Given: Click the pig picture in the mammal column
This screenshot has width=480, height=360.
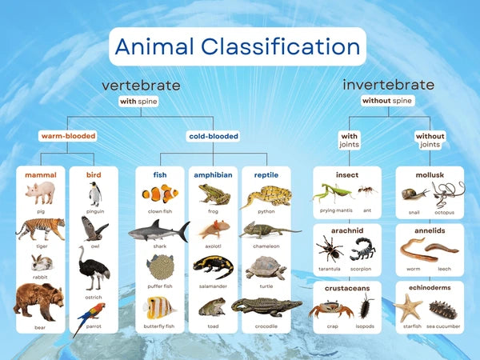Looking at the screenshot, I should (39, 193).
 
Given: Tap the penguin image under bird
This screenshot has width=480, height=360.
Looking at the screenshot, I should (95, 194).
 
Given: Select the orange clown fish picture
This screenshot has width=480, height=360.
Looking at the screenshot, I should (160, 194).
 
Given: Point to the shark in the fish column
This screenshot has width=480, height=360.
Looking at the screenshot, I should (158, 231).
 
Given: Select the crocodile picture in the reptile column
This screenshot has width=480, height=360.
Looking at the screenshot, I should (266, 306).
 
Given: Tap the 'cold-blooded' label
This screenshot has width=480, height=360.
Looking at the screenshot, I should (213, 136).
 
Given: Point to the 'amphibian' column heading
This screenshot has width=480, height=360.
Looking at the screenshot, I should (213, 174).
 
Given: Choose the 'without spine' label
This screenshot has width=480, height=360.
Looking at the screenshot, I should (387, 102).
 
